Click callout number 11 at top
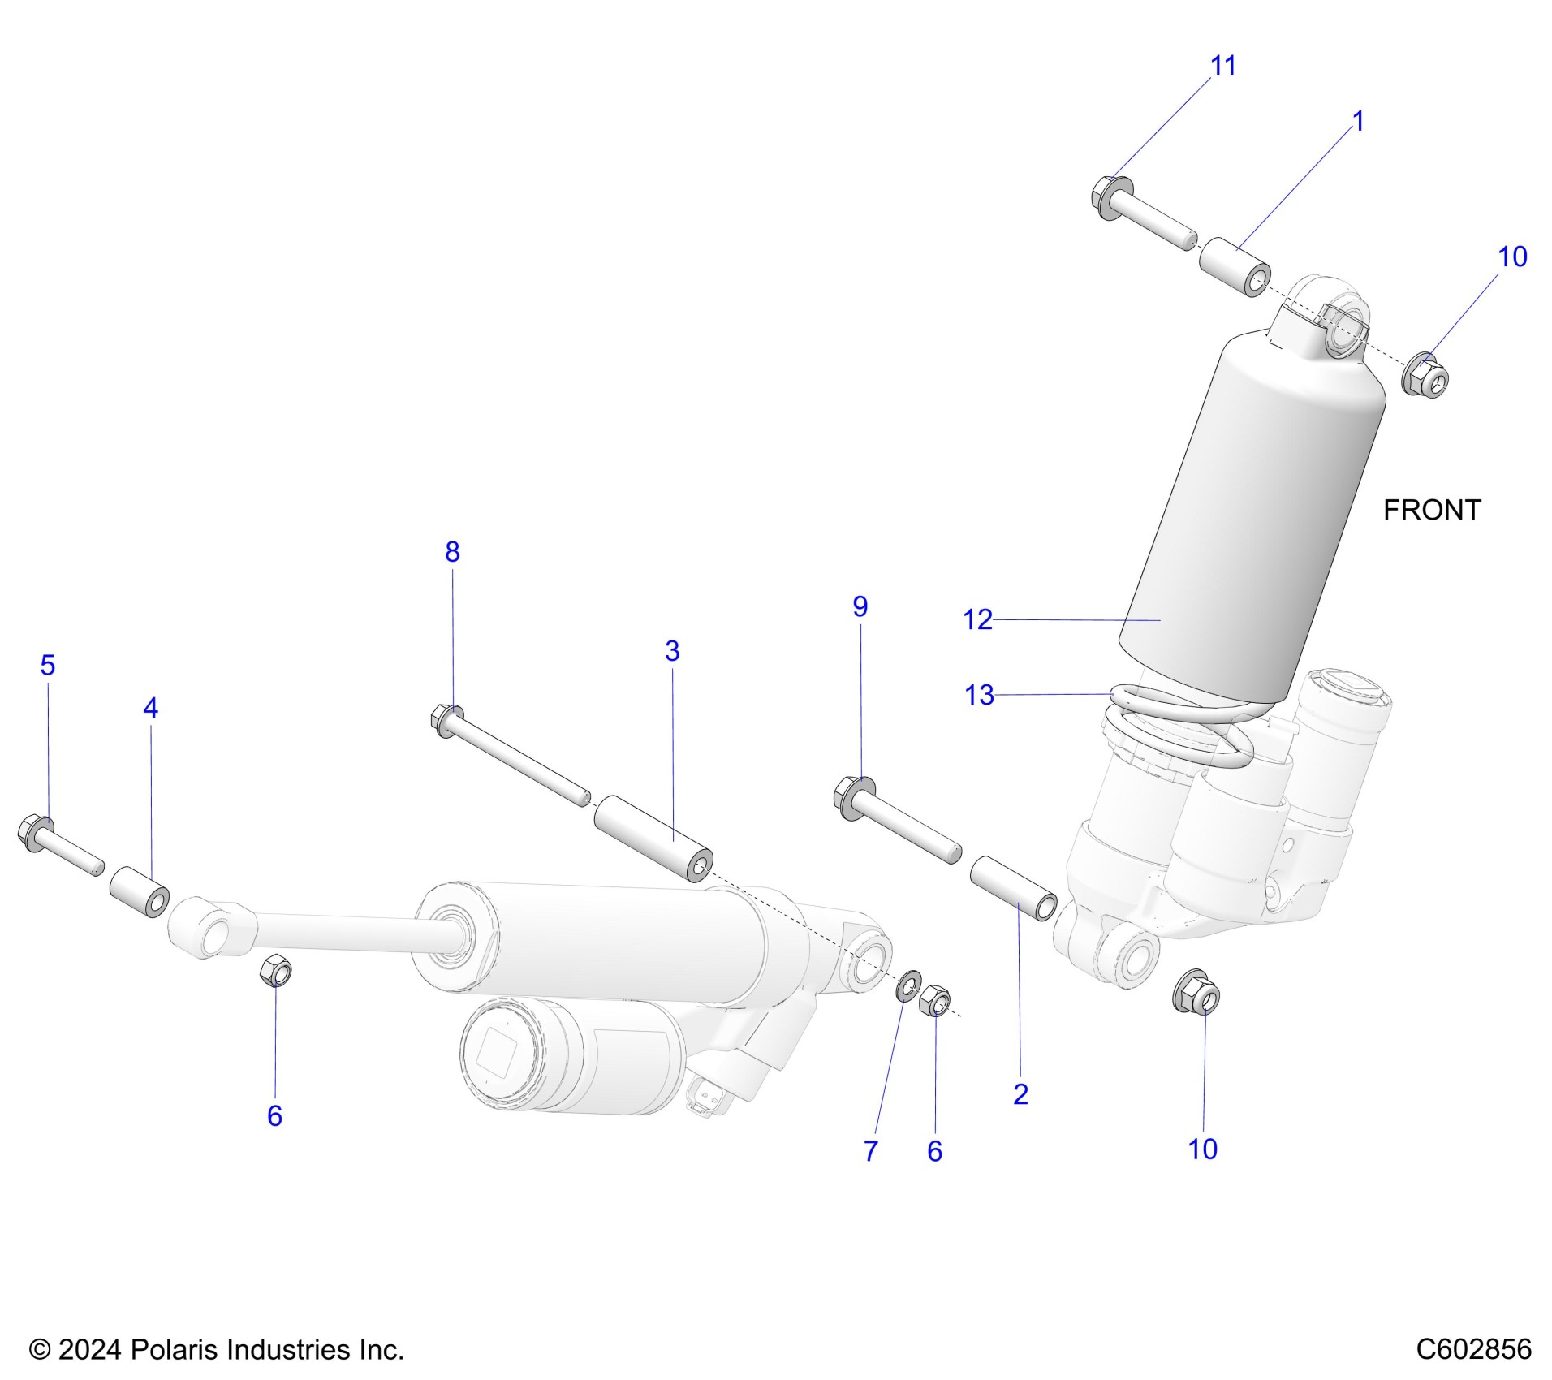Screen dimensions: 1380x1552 point(1222,66)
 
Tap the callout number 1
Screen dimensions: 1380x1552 point(1358,121)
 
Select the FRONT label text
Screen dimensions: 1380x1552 point(1432,510)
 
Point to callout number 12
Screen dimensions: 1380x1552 point(977,620)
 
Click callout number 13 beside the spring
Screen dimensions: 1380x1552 point(979,695)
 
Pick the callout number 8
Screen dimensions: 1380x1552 point(452,552)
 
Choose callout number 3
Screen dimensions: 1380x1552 point(672,650)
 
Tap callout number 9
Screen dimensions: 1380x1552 point(860,606)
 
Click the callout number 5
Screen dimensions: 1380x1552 point(48,665)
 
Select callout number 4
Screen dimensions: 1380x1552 point(150,708)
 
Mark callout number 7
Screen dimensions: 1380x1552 point(871,1151)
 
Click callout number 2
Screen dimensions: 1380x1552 point(1021,1094)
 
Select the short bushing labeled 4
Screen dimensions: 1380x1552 point(140,891)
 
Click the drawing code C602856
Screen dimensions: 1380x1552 point(1473,1349)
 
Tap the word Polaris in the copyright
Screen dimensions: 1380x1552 point(175,1349)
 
